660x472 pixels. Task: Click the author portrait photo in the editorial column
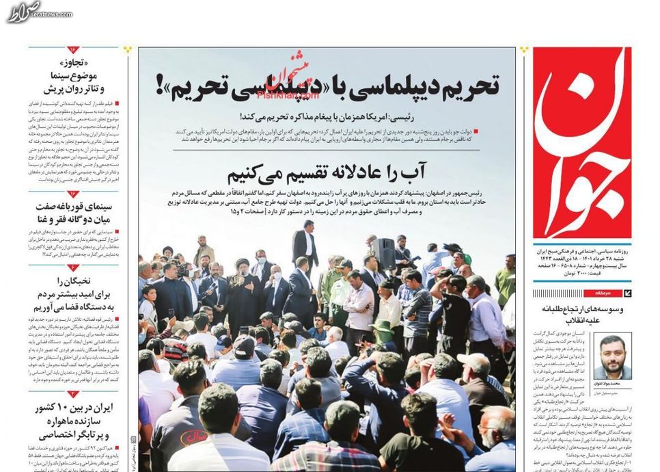[612, 356]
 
